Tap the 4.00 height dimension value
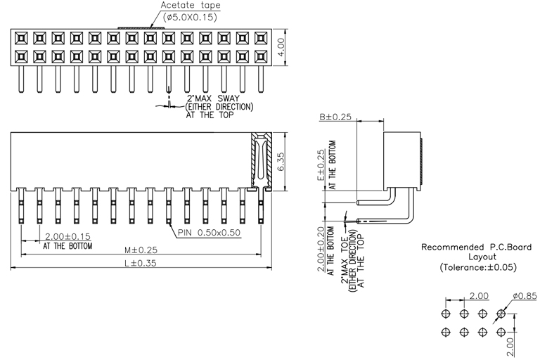click(281, 46)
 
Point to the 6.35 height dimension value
click(281, 161)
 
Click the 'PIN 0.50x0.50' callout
click(209, 232)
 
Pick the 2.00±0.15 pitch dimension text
click(67, 236)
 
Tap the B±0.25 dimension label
click(335, 117)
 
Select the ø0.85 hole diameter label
click(525, 296)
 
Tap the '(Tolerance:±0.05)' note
click(477, 267)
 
